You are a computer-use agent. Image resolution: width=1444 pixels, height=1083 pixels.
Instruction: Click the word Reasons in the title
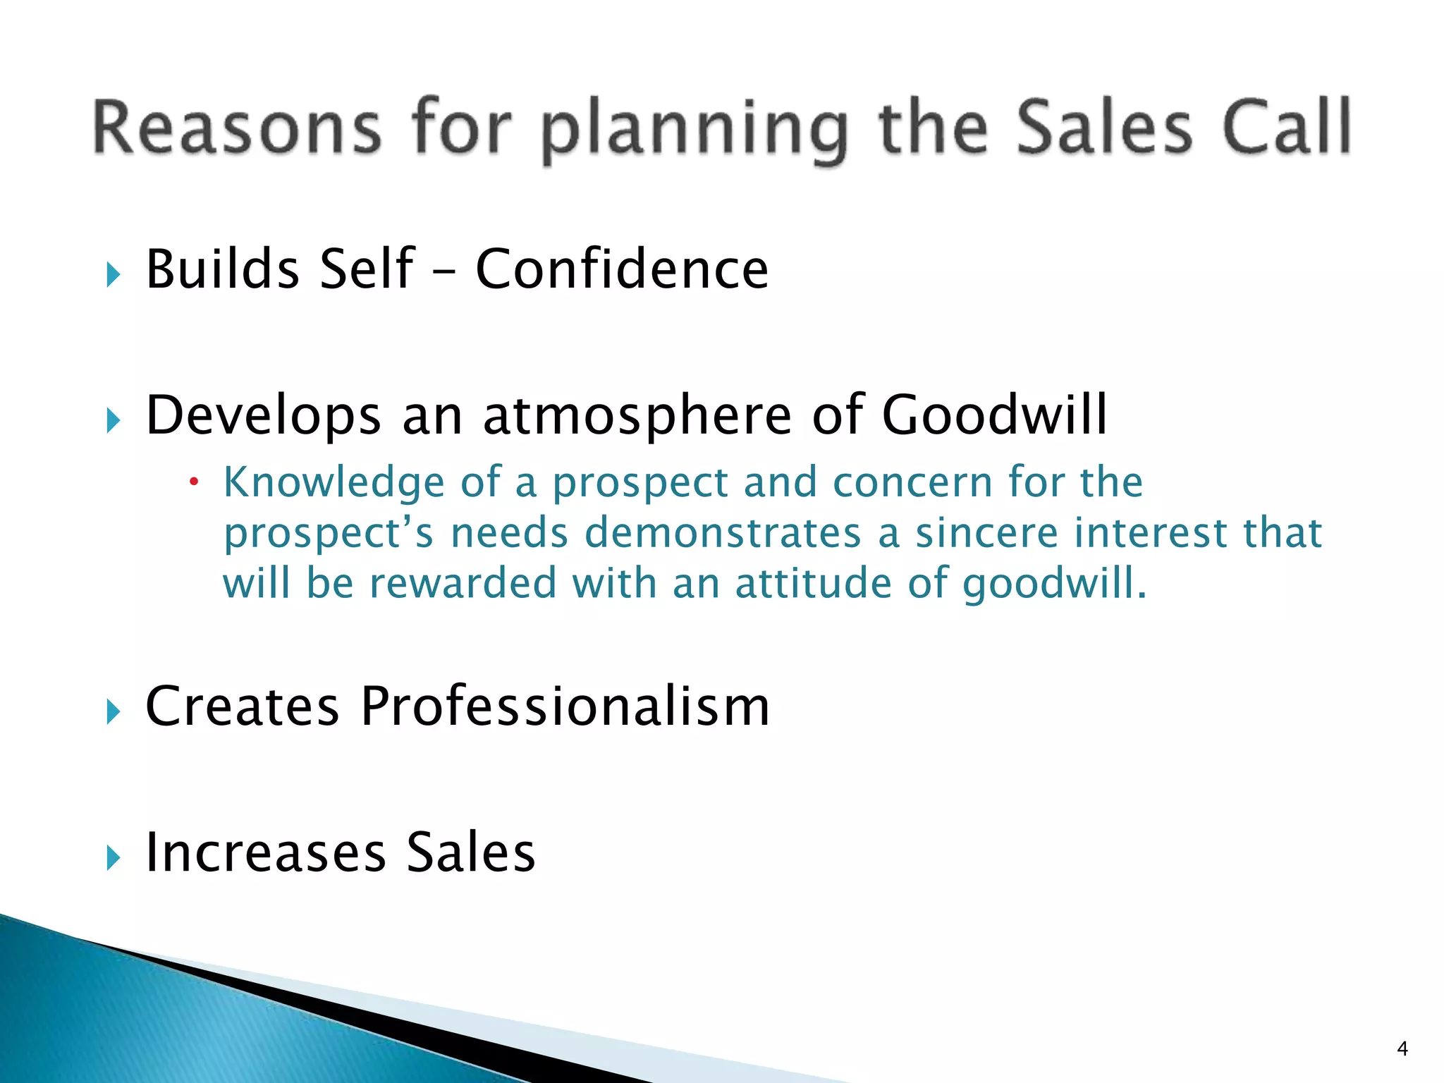coord(236,128)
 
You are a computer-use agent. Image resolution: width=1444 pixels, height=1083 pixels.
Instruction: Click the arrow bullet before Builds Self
coord(114,274)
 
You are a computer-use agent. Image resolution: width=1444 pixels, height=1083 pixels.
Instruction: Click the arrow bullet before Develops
coord(114,421)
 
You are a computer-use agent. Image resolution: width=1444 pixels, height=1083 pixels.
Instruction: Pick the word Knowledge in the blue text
coord(334,484)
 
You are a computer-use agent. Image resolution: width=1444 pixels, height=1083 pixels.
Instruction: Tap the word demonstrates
coord(723,533)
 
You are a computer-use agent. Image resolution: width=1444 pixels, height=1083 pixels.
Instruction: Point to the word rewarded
coord(463,584)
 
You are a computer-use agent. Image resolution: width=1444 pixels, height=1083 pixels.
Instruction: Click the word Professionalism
coord(565,706)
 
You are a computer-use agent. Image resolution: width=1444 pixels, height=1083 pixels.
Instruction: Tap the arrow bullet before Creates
coord(114,711)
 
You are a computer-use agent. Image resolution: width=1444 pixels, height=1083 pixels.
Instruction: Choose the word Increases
coord(266,852)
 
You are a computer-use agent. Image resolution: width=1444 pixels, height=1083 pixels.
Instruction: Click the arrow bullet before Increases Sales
coord(114,858)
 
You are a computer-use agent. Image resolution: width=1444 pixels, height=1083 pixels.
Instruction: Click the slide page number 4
coord(1402,1049)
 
